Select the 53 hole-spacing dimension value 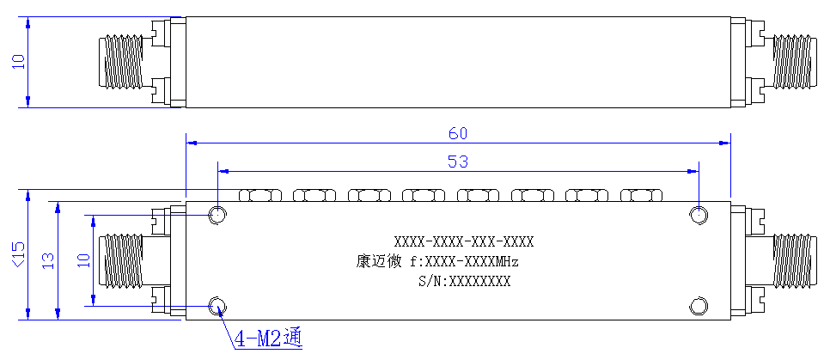[x=457, y=162]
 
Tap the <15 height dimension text [x=18, y=254]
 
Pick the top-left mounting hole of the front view [x=217, y=215]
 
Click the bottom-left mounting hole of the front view [x=217, y=306]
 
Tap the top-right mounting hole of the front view [x=699, y=215]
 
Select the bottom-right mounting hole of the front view [x=699, y=306]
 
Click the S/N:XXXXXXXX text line [x=464, y=281]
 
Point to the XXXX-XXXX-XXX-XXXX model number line [x=464, y=241]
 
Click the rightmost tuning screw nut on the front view [x=641, y=195]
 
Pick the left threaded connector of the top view [x=121, y=62]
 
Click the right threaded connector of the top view [x=795, y=62]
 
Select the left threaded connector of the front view [x=121, y=260]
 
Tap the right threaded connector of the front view [x=795, y=260]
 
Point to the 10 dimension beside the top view [x=18, y=62]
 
